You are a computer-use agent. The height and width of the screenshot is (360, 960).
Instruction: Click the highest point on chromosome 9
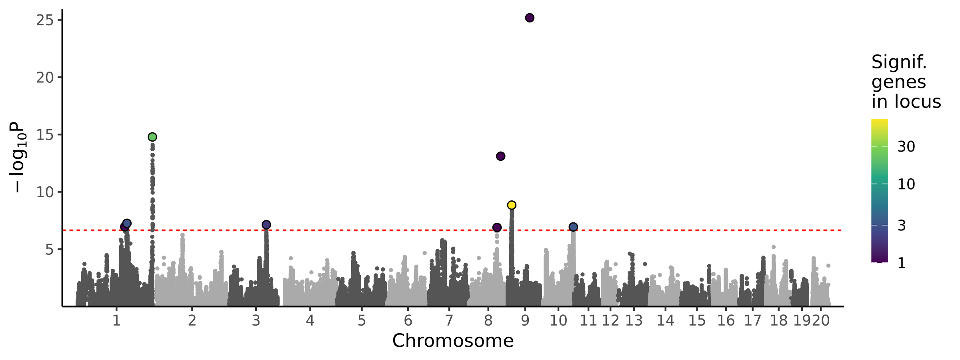click(530, 18)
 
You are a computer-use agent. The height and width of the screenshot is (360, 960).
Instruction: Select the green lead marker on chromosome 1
click(152, 137)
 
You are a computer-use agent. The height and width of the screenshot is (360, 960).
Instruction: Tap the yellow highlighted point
click(512, 205)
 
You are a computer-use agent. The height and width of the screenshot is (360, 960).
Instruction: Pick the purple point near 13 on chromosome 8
click(500, 156)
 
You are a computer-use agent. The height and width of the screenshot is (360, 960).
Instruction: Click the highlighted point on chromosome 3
click(266, 225)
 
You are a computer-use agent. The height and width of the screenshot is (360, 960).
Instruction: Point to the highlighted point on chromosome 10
click(573, 227)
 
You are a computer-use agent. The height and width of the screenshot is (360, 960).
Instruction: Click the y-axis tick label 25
click(44, 20)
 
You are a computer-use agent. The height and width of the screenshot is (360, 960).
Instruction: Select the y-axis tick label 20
click(44, 78)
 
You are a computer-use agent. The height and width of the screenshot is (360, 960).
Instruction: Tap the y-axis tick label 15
click(44, 135)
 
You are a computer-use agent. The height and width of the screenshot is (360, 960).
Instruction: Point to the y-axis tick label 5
click(49, 250)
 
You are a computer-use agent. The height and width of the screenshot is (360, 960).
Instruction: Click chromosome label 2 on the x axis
click(192, 321)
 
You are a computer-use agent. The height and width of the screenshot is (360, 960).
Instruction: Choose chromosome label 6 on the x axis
click(408, 321)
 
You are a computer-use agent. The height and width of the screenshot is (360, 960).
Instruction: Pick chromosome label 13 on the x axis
click(634, 321)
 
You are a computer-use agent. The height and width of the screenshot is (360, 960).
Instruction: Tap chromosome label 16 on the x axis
click(726, 321)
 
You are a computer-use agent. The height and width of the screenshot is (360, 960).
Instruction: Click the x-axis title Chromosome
click(453, 341)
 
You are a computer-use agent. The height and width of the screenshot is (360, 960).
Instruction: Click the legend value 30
click(906, 147)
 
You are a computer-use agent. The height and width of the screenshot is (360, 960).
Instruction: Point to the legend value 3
click(902, 226)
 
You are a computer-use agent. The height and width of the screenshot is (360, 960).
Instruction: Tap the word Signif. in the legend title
click(899, 62)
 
